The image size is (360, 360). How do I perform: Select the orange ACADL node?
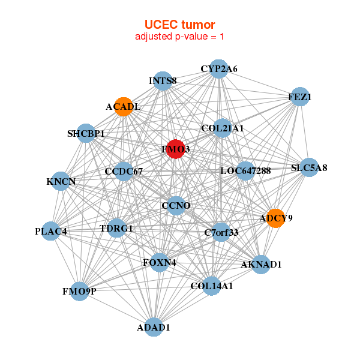pyautogui.click(x=124, y=106)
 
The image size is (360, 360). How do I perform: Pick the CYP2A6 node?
pyautogui.click(x=219, y=69)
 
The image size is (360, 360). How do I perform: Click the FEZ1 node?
pyautogui.click(x=300, y=97)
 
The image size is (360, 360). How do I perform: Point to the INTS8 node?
pyautogui.click(x=163, y=80)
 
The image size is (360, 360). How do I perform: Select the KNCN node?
pyautogui.click(x=61, y=181)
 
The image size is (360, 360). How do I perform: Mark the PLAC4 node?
pyautogui.click(x=50, y=231)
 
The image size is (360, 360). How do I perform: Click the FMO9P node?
pyautogui.click(x=79, y=291)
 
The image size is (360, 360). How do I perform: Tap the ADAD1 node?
pyautogui.click(x=154, y=327)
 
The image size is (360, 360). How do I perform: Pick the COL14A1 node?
pyautogui.click(x=211, y=286)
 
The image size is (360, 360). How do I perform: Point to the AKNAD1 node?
pyautogui.click(x=261, y=264)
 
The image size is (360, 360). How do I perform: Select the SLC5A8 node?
pyautogui.click(x=308, y=168)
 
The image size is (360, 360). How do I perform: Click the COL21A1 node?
pyautogui.click(x=222, y=128)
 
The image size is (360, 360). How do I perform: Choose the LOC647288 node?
pyautogui.click(x=245, y=171)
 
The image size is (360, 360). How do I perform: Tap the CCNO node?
pyautogui.click(x=176, y=206)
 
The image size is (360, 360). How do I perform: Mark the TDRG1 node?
pyautogui.click(x=116, y=228)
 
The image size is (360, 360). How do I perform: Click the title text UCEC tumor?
pyautogui.click(x=180, y=24)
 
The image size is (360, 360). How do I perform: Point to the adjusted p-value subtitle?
pyautogui.click(x=180, y=37)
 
